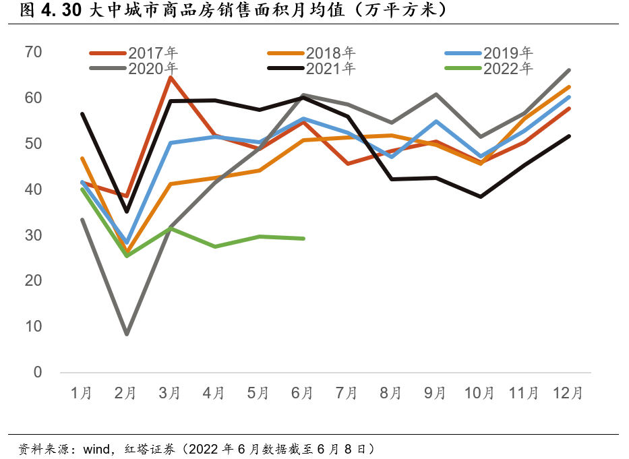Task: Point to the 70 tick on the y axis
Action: tap(34, 52)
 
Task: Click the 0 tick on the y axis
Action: tap(38, 372)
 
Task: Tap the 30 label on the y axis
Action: tap(34, 235)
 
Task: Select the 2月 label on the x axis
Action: tap(126, 393)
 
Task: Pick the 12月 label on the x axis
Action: tap(568, 393)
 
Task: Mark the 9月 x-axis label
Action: tap(436, 393)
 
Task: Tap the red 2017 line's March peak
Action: tap(171, 77)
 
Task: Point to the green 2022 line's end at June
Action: tap(303, 239)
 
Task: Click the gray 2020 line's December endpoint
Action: tap(570, 70)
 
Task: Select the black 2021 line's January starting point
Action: tap(82, 113)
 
